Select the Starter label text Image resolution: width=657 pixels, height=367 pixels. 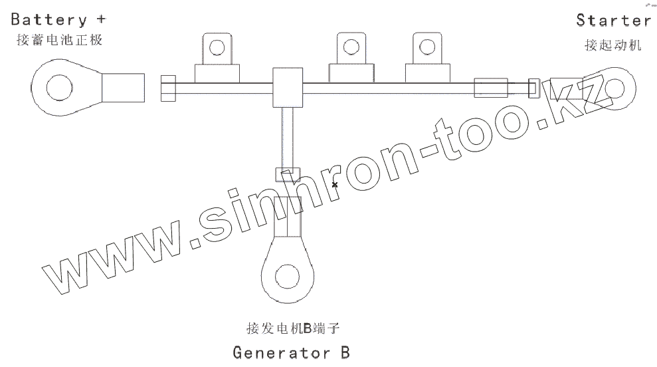pos(613,20)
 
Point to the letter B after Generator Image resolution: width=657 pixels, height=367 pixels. pos(344,352)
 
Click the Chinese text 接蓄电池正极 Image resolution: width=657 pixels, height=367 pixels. pos(59,41)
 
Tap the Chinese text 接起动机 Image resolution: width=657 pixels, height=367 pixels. pos(612,45)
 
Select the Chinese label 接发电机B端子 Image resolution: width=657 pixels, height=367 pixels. pos(292,328)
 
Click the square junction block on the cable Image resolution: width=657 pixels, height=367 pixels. pos(287,86)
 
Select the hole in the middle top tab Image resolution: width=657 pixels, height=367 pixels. pos(349,47)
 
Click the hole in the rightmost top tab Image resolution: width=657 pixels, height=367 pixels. pos(425,47)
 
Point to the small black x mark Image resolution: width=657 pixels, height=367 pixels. pos(335,184)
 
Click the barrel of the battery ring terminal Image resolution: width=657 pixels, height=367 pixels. pos(122,87)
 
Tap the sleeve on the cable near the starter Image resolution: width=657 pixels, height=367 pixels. pos(490,88)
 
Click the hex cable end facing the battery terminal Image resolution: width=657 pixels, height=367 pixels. pos(169,88)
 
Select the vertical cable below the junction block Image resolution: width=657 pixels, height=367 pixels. pos(287,137)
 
